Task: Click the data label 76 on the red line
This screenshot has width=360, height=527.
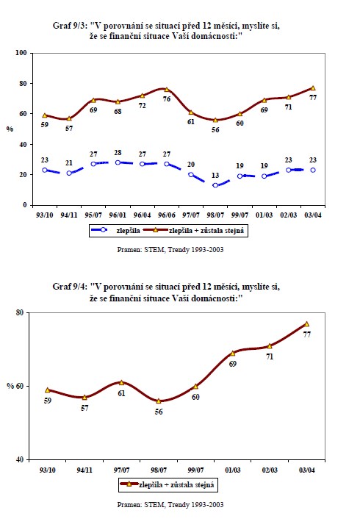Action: pos(167,98)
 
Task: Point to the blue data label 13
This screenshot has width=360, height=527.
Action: pos(215,175)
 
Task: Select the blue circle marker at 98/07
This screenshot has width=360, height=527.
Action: pos(215,185)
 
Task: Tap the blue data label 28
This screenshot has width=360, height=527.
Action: pos(118,153)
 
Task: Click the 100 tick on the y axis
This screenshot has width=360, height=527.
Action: pos(21,53)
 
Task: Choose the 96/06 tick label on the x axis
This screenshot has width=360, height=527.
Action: pos(167,215)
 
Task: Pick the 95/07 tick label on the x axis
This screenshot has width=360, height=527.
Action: pos(93,215)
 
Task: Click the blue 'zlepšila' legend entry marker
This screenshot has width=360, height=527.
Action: pos(104,230)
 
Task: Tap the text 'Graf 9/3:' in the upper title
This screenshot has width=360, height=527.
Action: pos(70,26)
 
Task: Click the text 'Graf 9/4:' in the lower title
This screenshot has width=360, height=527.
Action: pos(70,287)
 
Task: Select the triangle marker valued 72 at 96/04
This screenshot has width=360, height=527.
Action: pos(142,96)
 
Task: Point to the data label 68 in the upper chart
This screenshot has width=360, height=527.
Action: pos(118,111)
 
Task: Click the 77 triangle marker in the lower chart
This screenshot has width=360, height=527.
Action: pos(306,323)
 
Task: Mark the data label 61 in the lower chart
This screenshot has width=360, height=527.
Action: pos(121,393)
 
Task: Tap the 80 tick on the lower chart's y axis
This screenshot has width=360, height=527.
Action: pos(20,312)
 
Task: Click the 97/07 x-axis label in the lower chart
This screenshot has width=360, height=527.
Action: pos(121,470)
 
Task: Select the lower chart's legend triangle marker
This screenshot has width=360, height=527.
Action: pos(129,484)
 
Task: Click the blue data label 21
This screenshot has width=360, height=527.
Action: pos(69,163)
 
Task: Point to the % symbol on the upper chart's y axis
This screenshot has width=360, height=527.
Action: pos(10,129)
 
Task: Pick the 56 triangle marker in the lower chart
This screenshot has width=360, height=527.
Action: pos(159,401)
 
